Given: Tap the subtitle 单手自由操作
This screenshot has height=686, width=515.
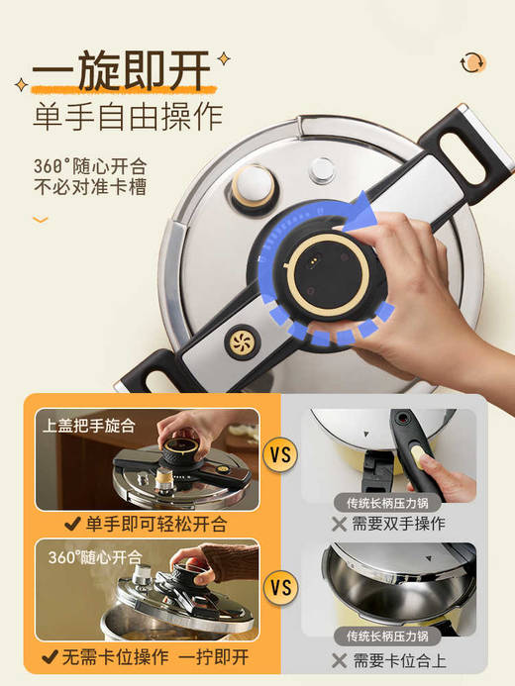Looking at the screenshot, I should point(128,118).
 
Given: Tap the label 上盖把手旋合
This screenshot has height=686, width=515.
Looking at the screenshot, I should point(89,426).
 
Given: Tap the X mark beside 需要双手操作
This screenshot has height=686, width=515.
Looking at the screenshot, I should point(340,525).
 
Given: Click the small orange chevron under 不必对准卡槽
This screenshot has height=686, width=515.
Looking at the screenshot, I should point(40,219).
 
